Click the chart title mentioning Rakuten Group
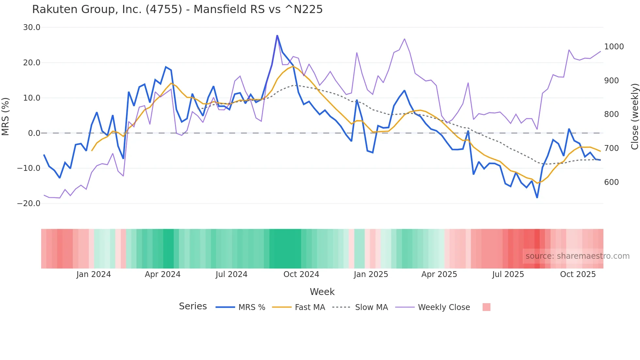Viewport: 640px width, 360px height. pos(177,9)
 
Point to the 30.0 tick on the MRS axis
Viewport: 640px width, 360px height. pos(32,27)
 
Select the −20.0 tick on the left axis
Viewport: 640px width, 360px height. pos(29,203)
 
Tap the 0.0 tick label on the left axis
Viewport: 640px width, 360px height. pos(34,133)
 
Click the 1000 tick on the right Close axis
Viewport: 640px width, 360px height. pos(614,46)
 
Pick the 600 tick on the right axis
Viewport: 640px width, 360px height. pos(611,182)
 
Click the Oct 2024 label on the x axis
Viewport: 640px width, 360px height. pos(301,274)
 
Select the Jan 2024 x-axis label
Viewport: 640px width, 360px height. pos(93,274)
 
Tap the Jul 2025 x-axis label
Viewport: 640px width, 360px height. pos(508,274)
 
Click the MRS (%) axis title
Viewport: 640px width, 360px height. pos(6,116)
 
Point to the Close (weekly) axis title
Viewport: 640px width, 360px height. pos(634,116)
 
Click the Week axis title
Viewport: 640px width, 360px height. pos(322,291)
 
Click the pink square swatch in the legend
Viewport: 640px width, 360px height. pos(486,307)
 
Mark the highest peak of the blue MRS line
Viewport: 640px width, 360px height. pos(277,35)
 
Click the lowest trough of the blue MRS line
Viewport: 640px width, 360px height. pos(537,197)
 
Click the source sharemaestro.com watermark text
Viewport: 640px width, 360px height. pos(577,256)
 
